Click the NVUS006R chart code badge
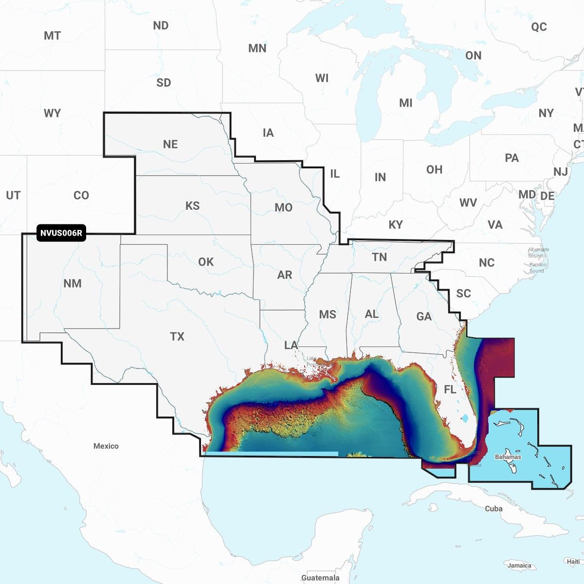(61, 233)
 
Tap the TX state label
(177, 336)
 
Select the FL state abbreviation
(450, 389)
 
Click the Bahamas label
(508, 457)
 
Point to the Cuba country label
(493, 509)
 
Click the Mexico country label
(106, 446)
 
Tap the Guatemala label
(320, 578)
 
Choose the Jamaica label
(519, 566)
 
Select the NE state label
(170, 144)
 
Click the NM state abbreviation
(73, 283)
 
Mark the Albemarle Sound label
(538, 253)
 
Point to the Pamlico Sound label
(537, 268)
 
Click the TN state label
(379, 257)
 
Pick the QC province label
(539, 27)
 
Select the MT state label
(52, 36)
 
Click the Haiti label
(573, 562)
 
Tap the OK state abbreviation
(206, 262)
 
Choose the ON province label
(473, 55)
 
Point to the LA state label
(291, 345)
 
